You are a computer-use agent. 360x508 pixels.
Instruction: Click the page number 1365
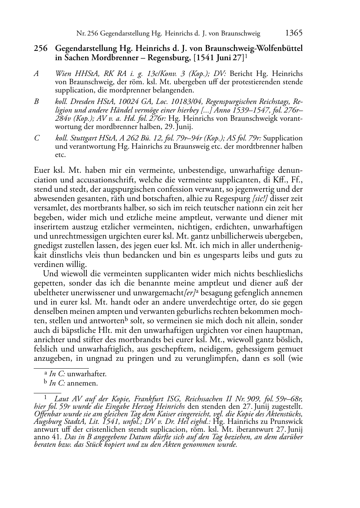click(294, 33)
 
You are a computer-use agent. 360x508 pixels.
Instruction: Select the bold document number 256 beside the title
click(41, 48)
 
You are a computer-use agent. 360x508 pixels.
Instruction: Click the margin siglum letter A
click(36, 74)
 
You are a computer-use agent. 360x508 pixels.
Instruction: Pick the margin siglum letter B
click(36, 102)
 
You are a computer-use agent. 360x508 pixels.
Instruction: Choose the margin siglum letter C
click(36, 138)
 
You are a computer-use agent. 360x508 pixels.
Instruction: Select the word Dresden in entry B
click(83, 102)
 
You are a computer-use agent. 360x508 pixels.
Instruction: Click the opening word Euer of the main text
click(42, 171)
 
